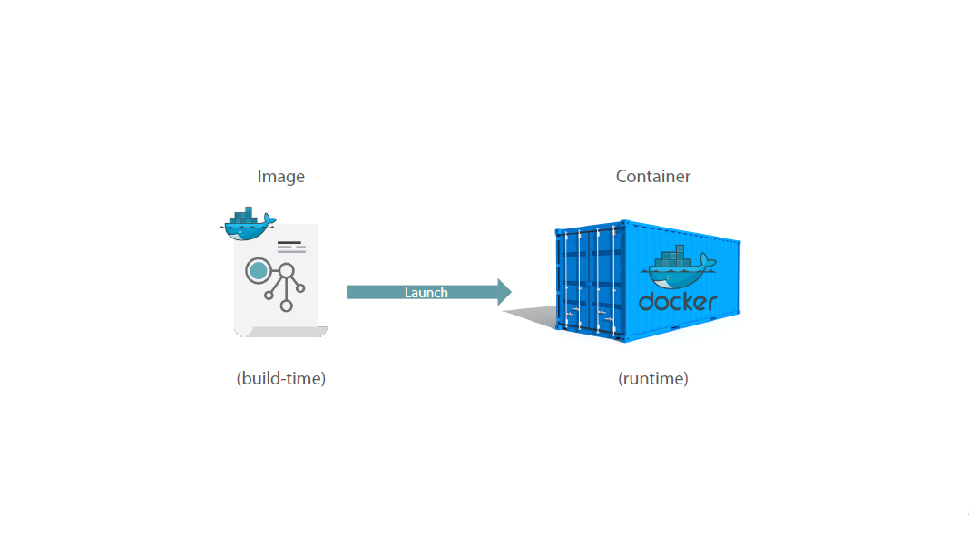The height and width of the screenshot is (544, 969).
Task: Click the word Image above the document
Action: coord(280,177)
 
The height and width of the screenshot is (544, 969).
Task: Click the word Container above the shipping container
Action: coord(653,177)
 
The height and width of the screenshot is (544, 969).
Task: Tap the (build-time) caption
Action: coord(280,379)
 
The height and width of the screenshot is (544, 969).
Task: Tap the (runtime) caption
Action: coord(653,379)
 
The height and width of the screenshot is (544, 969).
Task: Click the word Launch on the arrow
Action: coord(426,292)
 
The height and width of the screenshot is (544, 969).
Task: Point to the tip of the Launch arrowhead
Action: coord(511,292)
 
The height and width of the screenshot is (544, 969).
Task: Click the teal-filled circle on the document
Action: coord(259,270)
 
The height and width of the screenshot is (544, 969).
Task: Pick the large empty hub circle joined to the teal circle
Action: coord(287,270)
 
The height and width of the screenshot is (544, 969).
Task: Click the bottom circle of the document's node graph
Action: coord(287,306)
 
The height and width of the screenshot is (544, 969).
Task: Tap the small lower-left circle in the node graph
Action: coord(269,295)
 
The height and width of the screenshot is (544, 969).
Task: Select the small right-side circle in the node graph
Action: coord(300,288)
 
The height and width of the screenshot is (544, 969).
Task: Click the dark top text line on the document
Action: coord(289,242)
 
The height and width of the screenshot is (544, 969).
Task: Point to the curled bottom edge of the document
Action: coord(281,332)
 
